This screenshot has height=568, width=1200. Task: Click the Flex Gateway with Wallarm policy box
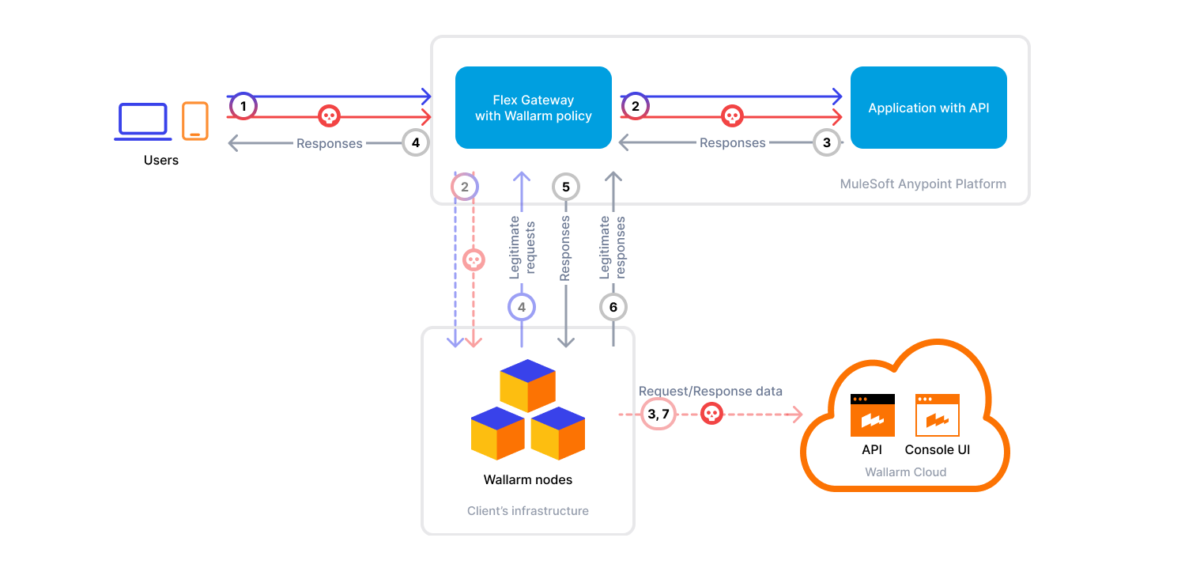533,108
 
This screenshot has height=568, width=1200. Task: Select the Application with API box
928,108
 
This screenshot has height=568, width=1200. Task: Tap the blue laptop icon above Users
143,121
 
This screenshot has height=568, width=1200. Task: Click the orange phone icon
195,121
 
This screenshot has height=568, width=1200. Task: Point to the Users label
161,160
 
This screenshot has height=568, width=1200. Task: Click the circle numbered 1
243,105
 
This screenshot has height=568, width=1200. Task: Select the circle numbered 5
565,187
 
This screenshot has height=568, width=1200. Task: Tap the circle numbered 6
613,306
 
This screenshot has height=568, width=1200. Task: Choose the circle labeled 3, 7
658,414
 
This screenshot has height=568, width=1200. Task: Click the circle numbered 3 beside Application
827,142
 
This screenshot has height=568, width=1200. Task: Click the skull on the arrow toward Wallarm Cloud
711,414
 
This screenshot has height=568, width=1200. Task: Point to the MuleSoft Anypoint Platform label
923,184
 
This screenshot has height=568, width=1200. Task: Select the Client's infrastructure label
527,511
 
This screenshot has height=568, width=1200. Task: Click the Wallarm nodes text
527,479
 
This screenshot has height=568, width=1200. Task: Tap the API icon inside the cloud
872,415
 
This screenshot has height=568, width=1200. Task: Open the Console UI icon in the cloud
937,415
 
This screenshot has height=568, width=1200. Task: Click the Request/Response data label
710,391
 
